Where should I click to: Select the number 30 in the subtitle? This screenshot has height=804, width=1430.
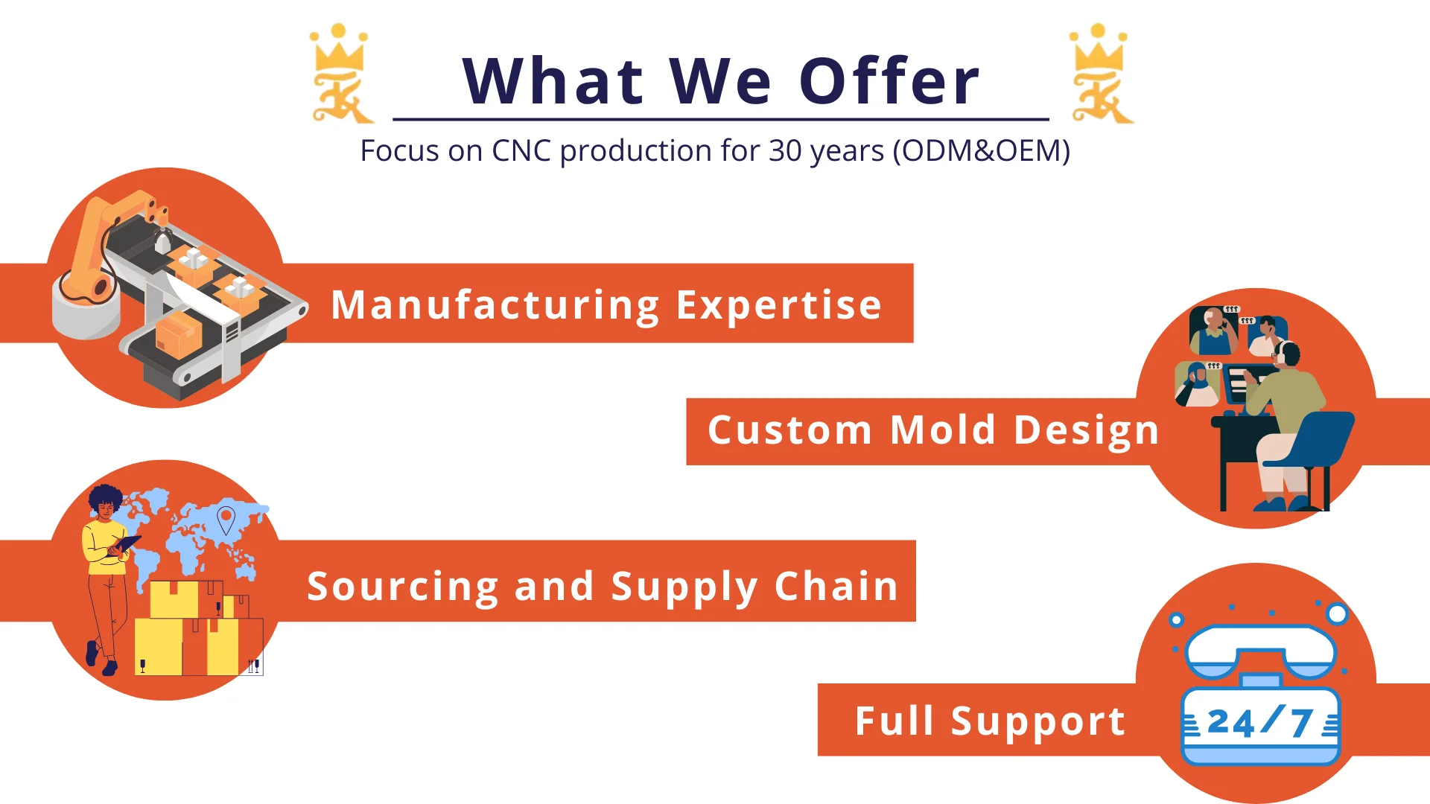tap(785, 150)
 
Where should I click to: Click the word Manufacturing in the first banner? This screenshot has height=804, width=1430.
tap(495, 305)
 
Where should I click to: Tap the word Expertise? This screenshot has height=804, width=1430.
tap(779, 305)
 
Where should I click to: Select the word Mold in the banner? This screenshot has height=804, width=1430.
tap(943, 430)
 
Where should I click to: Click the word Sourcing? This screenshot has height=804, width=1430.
tap(402, 587)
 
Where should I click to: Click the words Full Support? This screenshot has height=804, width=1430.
tap(990, 721)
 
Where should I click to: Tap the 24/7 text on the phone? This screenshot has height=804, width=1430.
tap(1259, 721)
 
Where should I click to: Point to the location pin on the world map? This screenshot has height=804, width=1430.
tap(226, 520)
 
